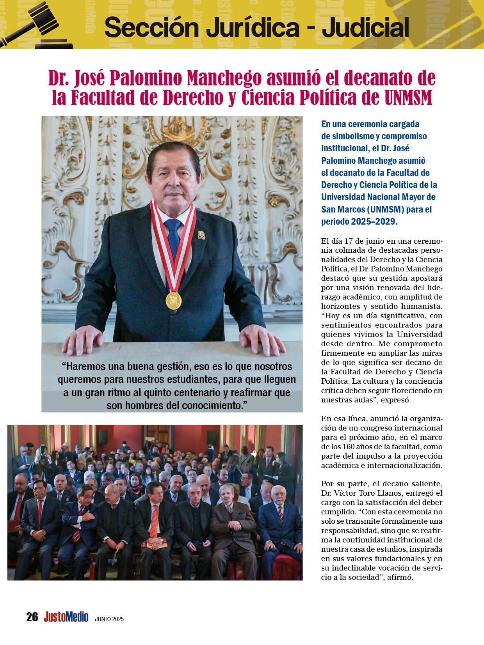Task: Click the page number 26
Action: point(32,617)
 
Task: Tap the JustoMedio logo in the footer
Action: point(66,617)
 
